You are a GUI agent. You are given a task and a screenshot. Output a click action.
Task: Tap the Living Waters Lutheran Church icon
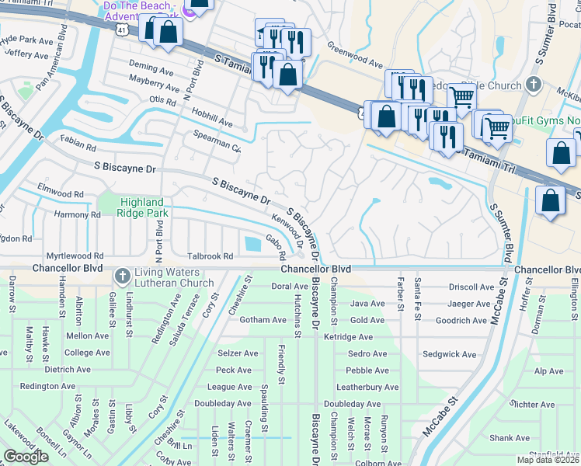[x=123, y=276]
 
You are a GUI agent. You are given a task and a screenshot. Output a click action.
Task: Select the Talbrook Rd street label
[x=210, y=256]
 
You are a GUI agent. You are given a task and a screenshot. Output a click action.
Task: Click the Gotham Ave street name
[x=242, y=320]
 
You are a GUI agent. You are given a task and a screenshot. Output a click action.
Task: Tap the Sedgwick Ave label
[x=450, y=354]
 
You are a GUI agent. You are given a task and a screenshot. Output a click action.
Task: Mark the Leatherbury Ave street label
[x=367, y=387]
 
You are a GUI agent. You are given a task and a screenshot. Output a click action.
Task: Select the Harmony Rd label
[x=77, y=214]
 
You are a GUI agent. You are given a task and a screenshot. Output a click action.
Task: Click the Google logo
[x=26, y=456]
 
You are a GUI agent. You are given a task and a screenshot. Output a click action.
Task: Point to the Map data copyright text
[x=548, y=460]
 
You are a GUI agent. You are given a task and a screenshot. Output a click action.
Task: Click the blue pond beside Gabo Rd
[x=252, y=245]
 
